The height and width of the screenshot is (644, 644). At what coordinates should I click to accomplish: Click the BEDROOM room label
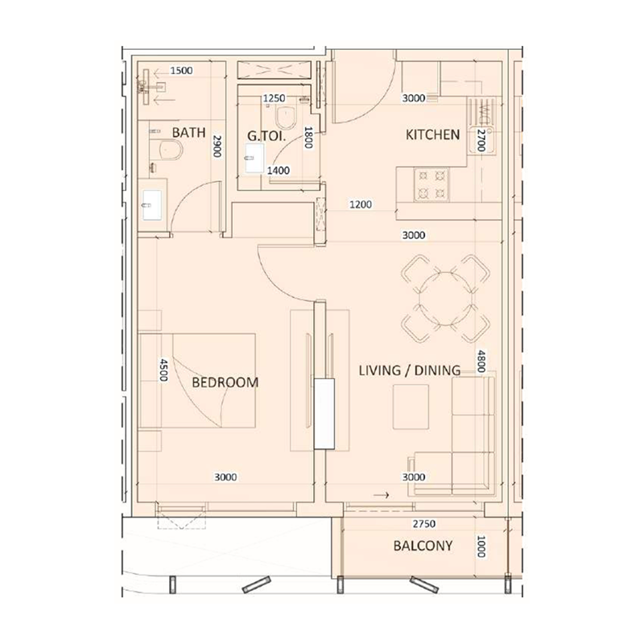[x=225, y=382]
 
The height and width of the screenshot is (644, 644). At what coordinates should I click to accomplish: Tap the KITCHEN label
[x=432, y=135]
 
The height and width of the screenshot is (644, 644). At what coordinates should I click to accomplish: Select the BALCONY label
[x=423, y=546]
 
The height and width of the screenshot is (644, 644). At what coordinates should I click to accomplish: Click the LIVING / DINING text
[x=409, y=370]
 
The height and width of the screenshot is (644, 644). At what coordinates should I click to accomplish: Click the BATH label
[x=189, y=133]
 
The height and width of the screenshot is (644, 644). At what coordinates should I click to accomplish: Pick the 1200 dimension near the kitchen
[x=360, y=205]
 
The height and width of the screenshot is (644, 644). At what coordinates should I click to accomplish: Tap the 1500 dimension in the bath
[x=182, y=71]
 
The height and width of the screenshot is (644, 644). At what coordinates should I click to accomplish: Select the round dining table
[x=445, y=297]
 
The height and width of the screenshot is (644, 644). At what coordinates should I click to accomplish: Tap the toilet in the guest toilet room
[x=292, y=121]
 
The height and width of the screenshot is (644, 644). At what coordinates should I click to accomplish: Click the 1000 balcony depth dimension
[x=481, y=547]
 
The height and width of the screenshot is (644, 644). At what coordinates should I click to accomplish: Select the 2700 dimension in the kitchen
[x=481, y=141]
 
